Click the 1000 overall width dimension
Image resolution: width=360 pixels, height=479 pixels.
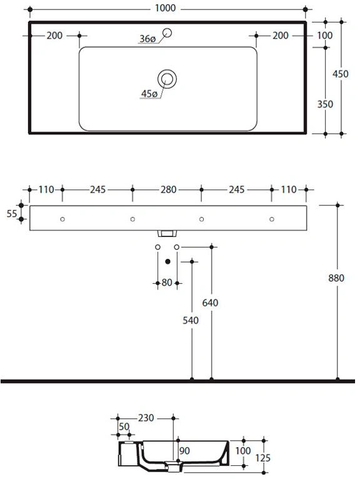point(165,8)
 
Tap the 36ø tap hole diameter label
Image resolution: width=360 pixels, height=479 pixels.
point(147,39)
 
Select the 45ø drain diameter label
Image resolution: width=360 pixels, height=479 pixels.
point(149,94)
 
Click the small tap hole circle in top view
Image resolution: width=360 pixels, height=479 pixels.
point(167,32)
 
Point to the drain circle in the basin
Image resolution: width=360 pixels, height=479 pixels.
point(167,79)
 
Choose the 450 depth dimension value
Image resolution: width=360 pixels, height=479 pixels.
point(341,74)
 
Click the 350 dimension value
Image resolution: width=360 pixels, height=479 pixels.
point(325,104)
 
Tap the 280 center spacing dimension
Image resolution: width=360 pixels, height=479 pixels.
point(169,189)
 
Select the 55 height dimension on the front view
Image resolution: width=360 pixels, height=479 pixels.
point(12,214)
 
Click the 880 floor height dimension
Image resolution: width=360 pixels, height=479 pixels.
point(336,278)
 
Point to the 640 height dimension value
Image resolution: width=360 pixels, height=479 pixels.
point(211,303)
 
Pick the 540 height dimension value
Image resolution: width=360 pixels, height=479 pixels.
point(191,320)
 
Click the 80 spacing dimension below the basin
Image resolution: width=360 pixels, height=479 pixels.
point(167,283)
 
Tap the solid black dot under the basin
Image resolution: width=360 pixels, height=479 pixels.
point(167,261)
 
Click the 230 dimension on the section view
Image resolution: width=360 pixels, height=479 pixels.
point(146,418)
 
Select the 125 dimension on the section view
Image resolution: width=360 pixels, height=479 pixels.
point(263,458)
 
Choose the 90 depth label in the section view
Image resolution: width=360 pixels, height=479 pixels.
point(185,451)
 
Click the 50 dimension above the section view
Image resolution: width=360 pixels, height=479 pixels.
point(124,426)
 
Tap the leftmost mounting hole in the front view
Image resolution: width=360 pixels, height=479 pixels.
point(62,219)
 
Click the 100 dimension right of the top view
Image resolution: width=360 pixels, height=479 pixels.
point(325,36)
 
